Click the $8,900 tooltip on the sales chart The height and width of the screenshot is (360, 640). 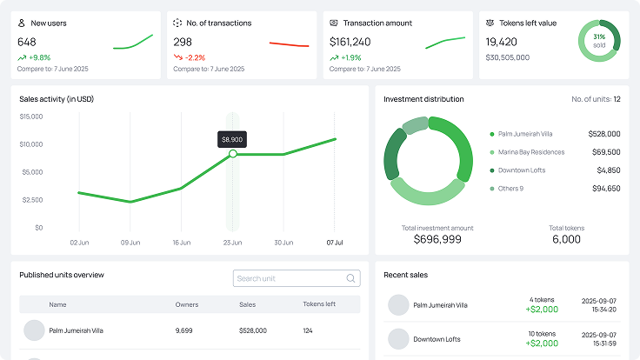pyautogui.click(x=232, y=139)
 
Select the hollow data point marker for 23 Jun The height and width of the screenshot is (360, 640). pyautogui.click(x=232, y=154)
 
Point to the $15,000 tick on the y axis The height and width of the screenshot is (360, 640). pyautogui.click(x=31, y=117)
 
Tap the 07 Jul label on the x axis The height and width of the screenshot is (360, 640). pyautogui.click(x=335, y=243)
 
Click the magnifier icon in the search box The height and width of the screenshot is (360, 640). pyautogui.click(x=351, y=278)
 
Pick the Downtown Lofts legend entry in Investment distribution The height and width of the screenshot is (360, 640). pyautogui.click(x=521, y=170)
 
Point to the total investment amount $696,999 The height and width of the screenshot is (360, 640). pyautogui.click(x=437, y=239)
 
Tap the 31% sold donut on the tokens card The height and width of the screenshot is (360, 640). pyautogui.click(x=599, y=41)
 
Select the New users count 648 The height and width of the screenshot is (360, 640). pyautogui.click(x=27, y=42)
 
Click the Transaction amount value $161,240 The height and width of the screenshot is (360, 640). pyautogui.click(x=350, y=42)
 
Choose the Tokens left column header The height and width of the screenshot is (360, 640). pyautogui.click(x=319, y=304)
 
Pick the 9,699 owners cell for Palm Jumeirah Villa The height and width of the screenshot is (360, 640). pyautogui.click(x=183, y=330)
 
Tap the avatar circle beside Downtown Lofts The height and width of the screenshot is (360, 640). pyautogui.click(x=398, y=339)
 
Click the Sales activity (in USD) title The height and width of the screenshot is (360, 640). pyautogui.click(x=57, y=99)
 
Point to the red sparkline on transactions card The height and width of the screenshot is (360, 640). pyautogui.click(x=289, y=43)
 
